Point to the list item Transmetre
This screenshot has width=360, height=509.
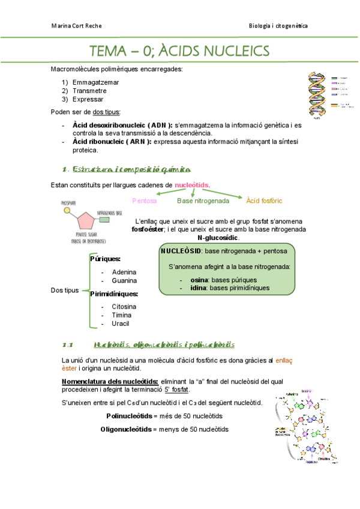(89, 91)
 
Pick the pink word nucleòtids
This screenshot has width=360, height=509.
(192, 185)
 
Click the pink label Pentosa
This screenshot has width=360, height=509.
(144, 200)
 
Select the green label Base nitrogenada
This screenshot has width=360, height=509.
(203, 200)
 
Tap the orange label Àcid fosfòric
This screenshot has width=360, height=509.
(264, 200)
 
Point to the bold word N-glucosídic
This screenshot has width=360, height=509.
(209, 238)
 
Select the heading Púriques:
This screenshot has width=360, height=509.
(105, 259)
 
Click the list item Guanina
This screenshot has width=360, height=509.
(124, 280)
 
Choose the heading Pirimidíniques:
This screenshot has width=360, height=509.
(114, 294)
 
